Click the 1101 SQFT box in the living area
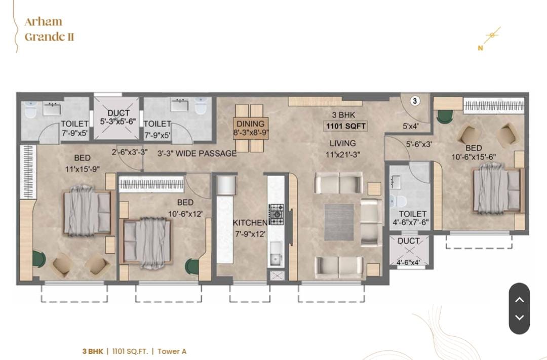(346, 126)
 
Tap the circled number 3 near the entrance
(414, 101)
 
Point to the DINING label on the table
(251, 124)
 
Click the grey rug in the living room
(339, 222)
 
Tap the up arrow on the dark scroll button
(520, 300)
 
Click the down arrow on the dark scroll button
(520, 317)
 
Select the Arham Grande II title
(49, 29)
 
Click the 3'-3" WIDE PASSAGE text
(197, 153)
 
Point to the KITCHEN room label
(250, 223)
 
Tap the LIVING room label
(342, 143)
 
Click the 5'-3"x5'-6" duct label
(118, 122)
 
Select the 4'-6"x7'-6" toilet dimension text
(411, 223)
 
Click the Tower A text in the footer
(172, 351)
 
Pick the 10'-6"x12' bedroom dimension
(185, 214)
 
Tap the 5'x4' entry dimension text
(411, 126)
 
